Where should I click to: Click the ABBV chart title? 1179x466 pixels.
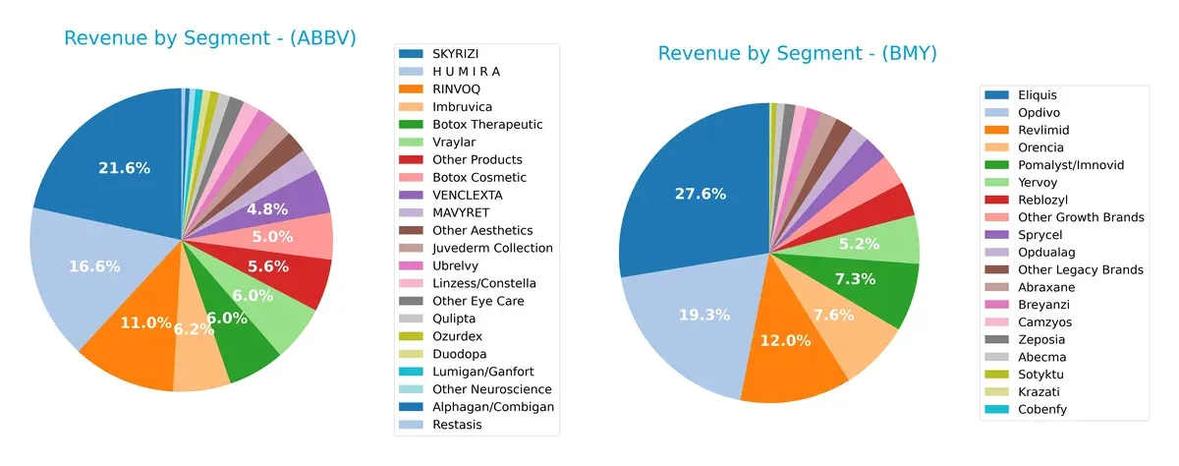click(x=209, y=38)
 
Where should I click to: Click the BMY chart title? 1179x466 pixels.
click(x=797, y=53)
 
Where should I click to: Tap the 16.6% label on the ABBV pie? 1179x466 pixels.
click(x=94, y=265)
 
